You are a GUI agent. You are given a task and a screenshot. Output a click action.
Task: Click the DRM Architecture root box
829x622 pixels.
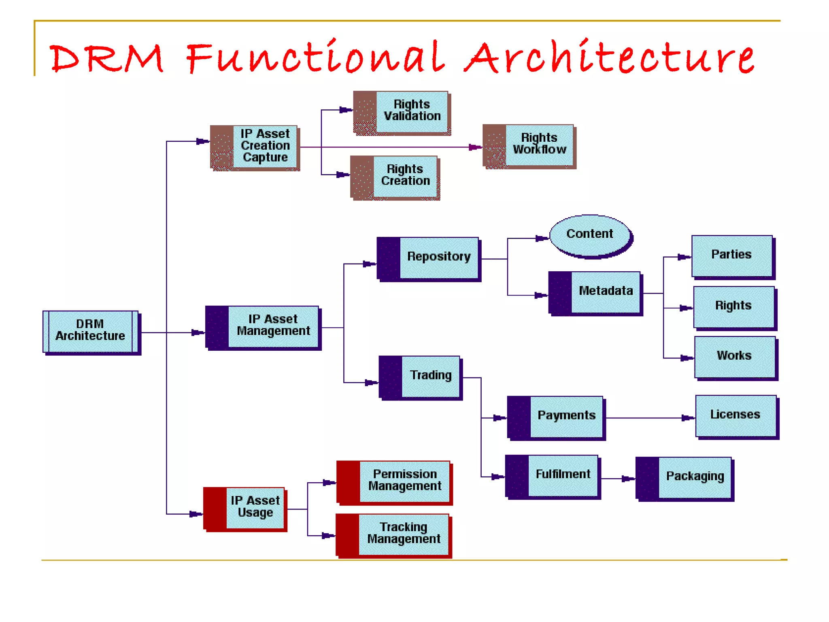(91, 331)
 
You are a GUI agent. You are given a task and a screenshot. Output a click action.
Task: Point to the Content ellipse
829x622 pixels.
(590, 235)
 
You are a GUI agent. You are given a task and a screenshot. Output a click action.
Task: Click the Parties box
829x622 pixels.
(732, 256)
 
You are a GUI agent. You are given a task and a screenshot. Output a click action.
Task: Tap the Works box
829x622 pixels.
(735, 357)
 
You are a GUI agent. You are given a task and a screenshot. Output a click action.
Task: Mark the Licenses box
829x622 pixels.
(736, 415)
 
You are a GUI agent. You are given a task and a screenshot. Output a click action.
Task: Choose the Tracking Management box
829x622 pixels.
(393, 535)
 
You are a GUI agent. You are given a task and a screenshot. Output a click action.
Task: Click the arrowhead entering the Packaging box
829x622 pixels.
(629, 479)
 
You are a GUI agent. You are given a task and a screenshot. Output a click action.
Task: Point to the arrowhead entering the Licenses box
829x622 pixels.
(688, 418)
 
